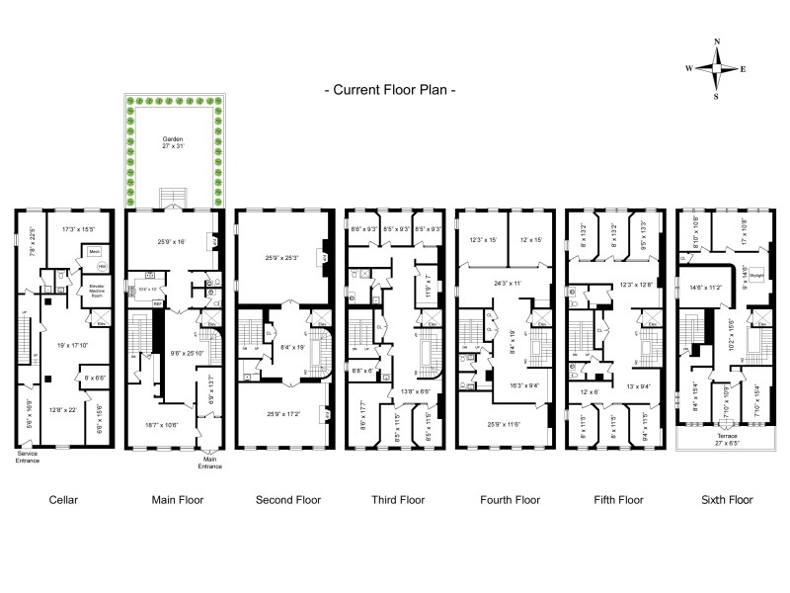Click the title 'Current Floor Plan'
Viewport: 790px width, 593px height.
pyautogui.click(x=391, y=89)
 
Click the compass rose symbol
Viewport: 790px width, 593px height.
pyautogui.click(x=718, y=68)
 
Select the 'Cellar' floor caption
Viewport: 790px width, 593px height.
pyautogui.click(x=63, y=499)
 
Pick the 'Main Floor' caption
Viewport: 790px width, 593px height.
pyautogui.click(x=178, y=499)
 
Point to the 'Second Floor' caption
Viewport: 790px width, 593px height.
pyautogui.click(x=287, y=499)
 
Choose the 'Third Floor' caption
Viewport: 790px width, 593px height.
pyautogui.click(x=397, y=499)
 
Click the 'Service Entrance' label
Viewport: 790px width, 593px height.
pyautogui.click(x=29, y=458)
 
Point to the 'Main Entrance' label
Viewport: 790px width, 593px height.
pyautogui.click(x=208, y=463)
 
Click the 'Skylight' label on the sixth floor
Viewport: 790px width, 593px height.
pyautogui.click(x=757, y=276)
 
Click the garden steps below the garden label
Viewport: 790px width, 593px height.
pyautogui.click(x=173, y=196)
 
